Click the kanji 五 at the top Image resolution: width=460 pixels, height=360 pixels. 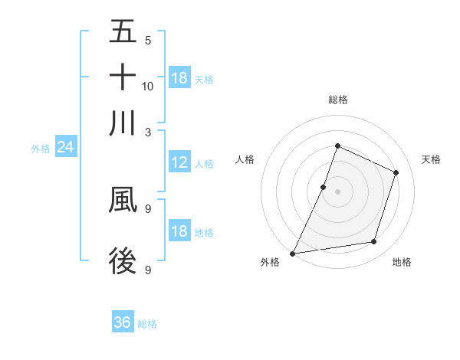click(x=123, y=32)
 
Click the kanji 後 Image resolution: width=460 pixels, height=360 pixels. click(x=123, y=260)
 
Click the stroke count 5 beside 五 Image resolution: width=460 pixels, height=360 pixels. click(x=147, y=41)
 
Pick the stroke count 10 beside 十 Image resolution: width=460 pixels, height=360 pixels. click(x=148, y=86)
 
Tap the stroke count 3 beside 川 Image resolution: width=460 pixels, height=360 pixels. click(x=147, y=131)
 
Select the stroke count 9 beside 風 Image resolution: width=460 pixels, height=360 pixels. click(x=147, y=208)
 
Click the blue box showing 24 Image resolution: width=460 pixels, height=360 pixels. click(x=65, y=148)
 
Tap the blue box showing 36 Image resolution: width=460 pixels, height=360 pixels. click(x=123, y=322)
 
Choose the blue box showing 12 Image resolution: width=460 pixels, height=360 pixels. click(x=179, y=162)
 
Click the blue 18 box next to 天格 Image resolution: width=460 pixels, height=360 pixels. click(x=179, y=78)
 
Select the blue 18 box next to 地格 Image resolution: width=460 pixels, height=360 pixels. click(x=179, y=232)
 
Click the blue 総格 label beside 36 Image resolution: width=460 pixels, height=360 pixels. click(x=147, y=324)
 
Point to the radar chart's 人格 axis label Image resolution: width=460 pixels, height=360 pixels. click(x=245, y=159)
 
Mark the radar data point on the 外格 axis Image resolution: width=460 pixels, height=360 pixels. click(x=293, y=254)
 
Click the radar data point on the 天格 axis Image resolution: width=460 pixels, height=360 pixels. click(x=396, y=172)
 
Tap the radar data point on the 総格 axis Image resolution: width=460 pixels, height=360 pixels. click(x=337, y=146)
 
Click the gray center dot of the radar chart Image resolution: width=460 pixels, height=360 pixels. click(x=337, y=191)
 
